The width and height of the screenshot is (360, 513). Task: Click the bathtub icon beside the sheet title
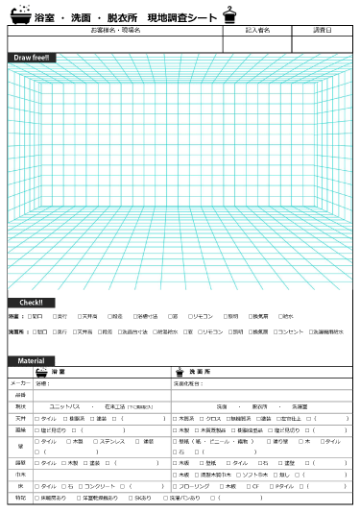20,16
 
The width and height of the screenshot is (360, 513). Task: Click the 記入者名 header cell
258,31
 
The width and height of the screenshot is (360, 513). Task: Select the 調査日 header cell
322,31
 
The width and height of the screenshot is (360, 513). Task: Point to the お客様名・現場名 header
115,31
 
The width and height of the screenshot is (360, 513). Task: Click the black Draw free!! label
33,58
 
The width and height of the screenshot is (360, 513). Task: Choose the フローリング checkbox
175,486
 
